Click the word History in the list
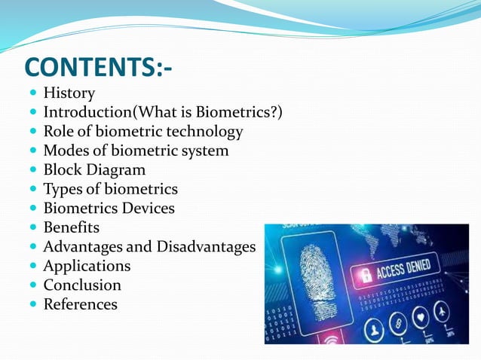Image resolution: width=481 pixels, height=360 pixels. (x=69, y=93)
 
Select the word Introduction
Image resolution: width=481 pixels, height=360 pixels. (x=88, y=112)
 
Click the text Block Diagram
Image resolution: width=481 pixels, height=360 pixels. (x=94, y=170)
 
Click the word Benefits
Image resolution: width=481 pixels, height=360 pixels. (x=71, y=227)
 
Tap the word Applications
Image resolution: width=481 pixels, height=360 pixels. (x=87, y=266)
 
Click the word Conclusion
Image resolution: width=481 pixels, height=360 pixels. (x=82, y=285)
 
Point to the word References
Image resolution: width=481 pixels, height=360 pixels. (x=80, y=304)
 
